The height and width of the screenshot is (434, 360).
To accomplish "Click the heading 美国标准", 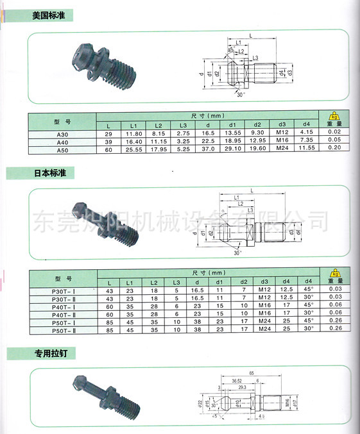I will (53, 13).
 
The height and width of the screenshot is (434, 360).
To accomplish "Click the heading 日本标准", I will (54, 174).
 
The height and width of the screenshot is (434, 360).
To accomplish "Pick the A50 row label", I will (62, 148).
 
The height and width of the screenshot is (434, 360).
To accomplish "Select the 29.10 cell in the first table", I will (233, 148).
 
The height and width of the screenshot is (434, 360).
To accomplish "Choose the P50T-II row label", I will (62, 330).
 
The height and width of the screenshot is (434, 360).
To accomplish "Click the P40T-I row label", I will (62, 306).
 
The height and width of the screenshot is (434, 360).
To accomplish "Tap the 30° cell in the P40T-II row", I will (308, 313).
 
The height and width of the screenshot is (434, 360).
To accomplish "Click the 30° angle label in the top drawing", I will (241, 95).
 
